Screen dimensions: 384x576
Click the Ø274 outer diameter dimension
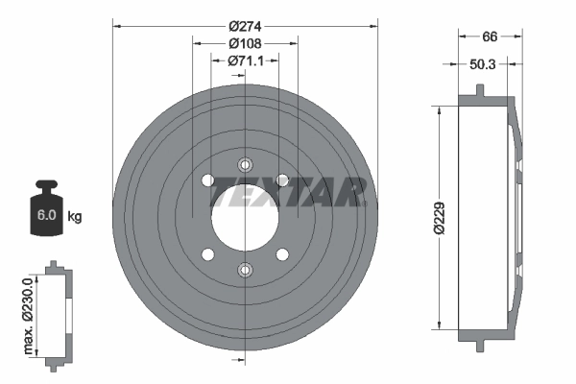245,26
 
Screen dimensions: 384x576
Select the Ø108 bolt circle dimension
245,43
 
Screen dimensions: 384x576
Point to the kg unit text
75,217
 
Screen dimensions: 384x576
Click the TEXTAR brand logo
288,191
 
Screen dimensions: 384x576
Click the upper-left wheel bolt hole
206,180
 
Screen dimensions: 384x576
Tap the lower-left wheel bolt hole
206,254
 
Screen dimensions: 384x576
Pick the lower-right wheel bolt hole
281,254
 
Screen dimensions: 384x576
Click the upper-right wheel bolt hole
281,180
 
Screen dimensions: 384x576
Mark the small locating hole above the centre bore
244,163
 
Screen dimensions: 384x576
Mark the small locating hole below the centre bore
244,270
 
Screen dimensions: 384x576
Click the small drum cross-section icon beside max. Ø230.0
57,311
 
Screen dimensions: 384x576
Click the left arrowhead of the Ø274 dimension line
117,26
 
